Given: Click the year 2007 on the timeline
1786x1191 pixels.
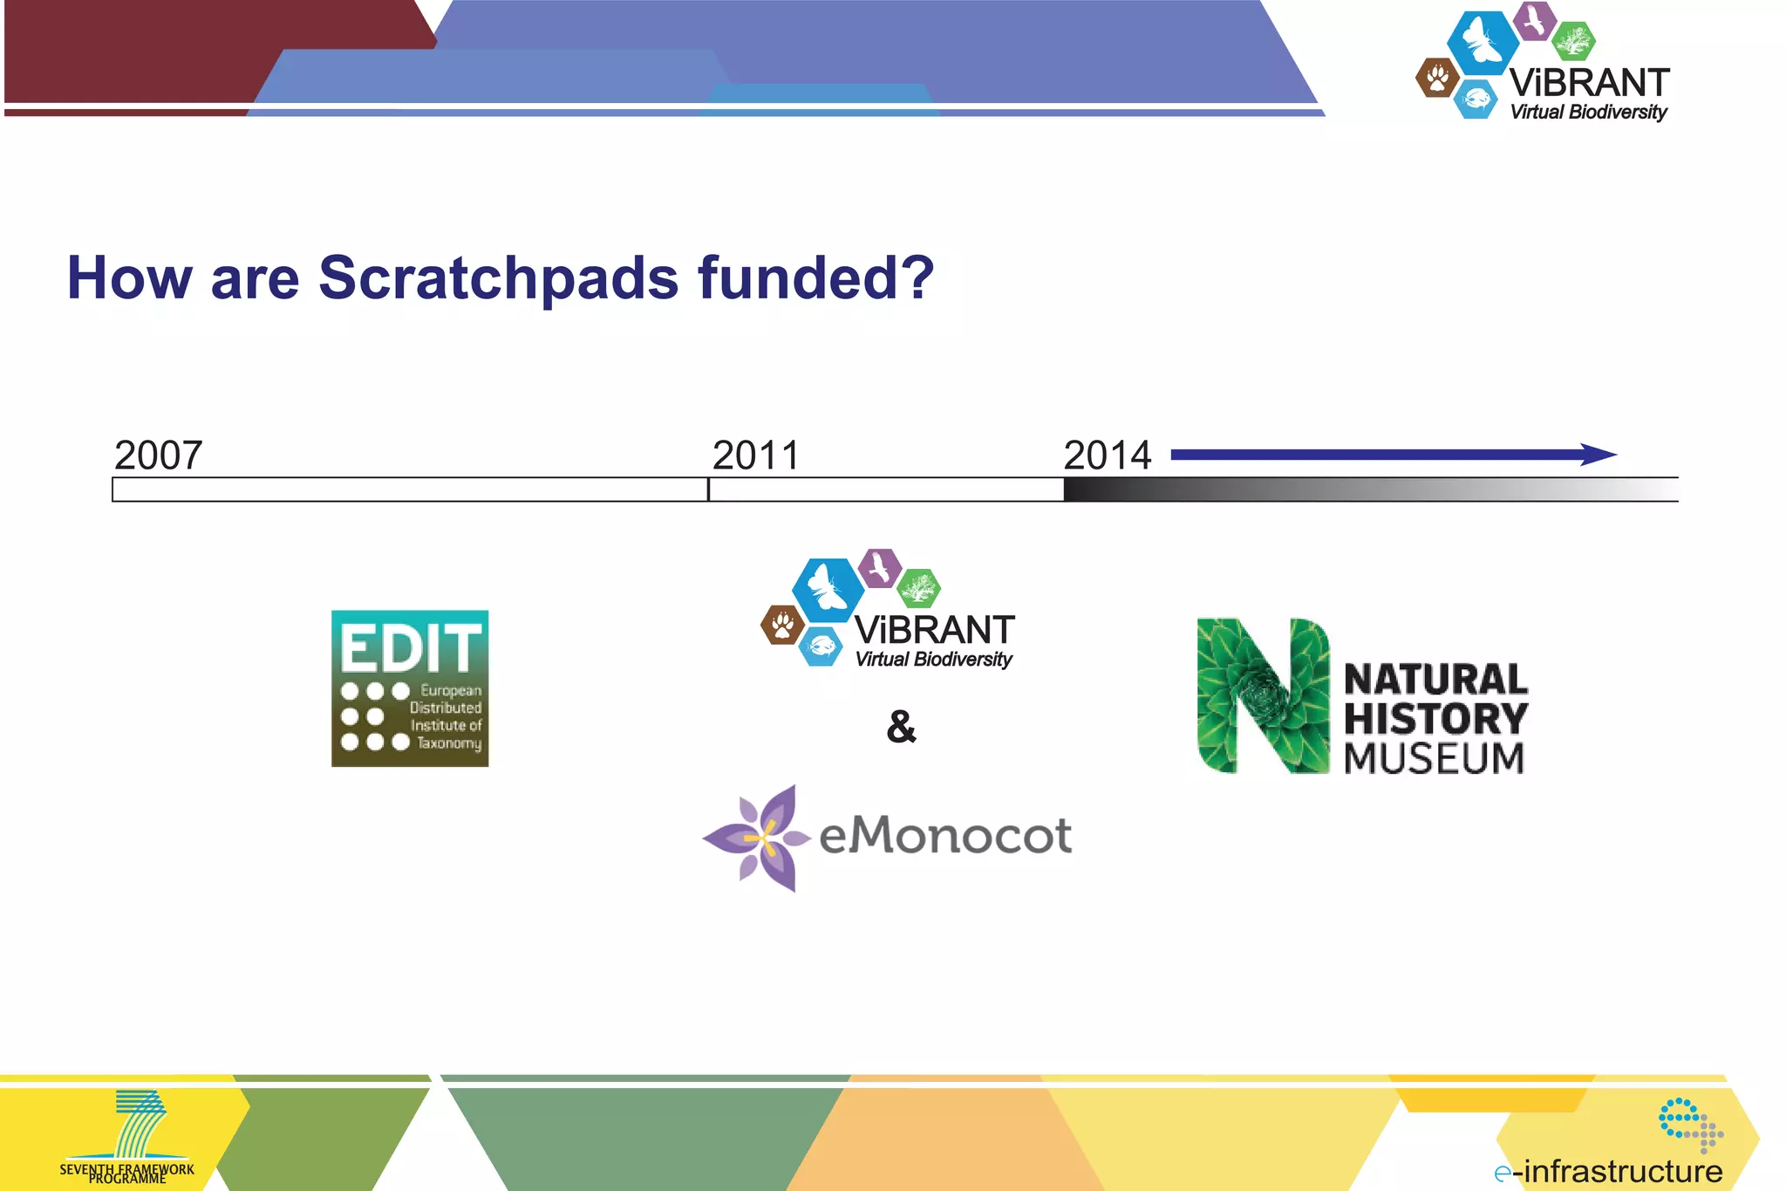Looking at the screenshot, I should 159,455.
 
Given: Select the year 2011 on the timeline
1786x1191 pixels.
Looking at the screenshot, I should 756,455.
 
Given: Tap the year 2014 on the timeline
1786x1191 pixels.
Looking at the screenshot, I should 1108,455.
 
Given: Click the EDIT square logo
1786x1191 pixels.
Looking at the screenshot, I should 410,688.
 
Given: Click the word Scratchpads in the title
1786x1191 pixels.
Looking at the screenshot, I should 498,278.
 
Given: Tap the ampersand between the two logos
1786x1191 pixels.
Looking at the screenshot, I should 902,727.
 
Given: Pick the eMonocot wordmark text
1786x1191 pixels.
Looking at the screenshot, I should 945,836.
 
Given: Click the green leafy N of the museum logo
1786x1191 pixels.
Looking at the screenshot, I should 1263,695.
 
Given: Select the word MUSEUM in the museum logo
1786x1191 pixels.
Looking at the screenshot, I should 1434,758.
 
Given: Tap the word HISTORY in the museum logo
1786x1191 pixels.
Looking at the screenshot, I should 1435,719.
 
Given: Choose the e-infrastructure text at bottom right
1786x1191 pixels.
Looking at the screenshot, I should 1608,1171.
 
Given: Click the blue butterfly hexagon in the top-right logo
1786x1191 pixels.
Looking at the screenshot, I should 1482,42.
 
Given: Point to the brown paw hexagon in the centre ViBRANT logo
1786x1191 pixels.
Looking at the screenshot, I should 782,625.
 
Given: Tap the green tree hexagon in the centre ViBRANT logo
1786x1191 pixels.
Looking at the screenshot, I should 918,588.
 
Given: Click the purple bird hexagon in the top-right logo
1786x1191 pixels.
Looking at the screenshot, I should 1535,20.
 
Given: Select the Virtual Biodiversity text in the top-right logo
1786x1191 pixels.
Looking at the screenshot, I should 1588,112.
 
